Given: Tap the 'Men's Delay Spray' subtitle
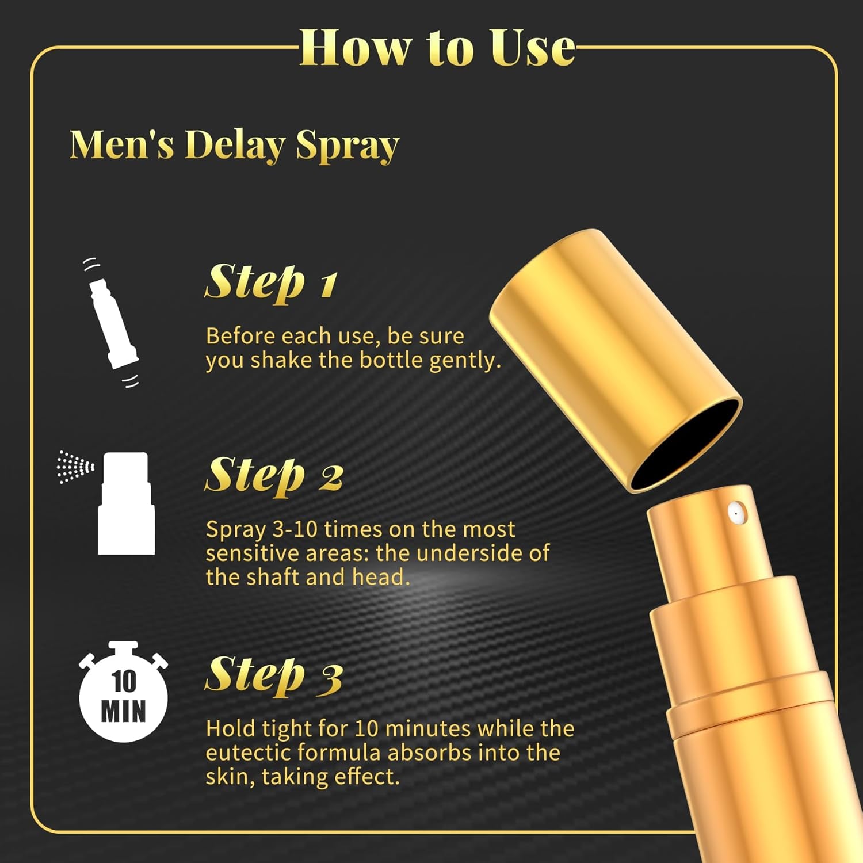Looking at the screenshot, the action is point(234,145).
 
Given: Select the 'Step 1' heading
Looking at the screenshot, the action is point(271,282).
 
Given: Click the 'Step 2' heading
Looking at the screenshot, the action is point(274,475).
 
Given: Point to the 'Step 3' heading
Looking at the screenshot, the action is point(274,675).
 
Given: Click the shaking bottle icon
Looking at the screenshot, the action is point(112,322).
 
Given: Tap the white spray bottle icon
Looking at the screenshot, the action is point(126,503).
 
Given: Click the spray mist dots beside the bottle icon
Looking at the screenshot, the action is point(75,467).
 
